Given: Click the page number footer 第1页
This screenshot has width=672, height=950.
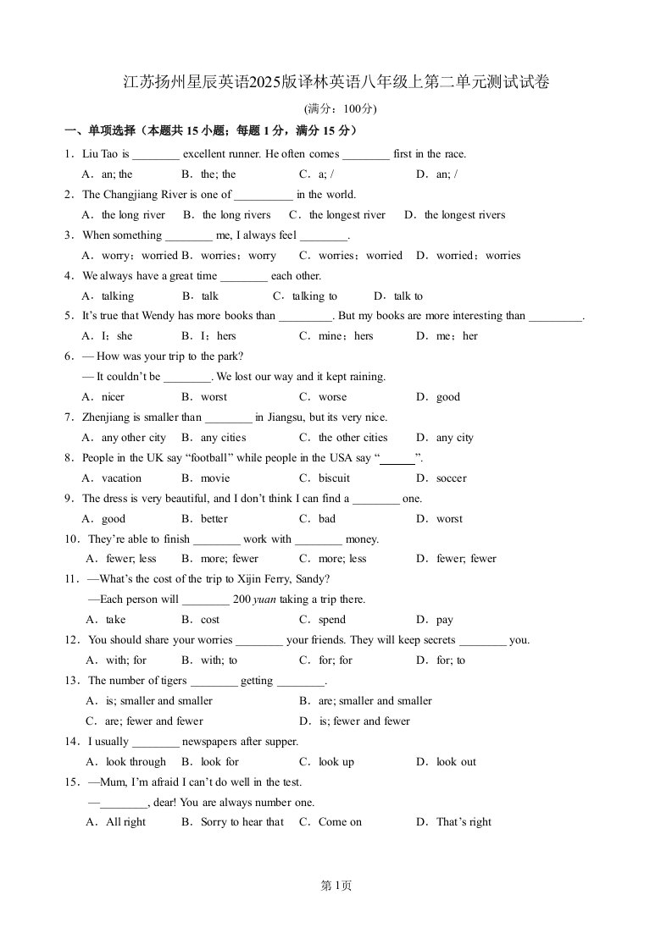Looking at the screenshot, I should coord(336,886).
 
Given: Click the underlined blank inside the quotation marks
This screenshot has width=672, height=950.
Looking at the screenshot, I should coord(397,459).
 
